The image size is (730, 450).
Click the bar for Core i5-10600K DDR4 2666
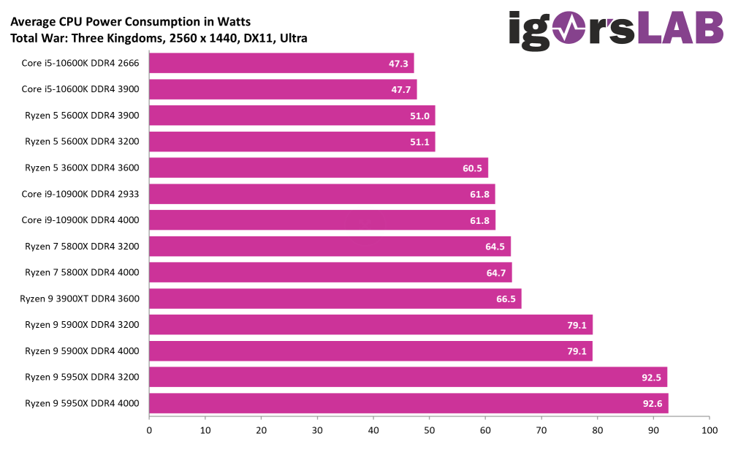click(281, 64)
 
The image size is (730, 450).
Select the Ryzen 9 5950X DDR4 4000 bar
click(408, 403)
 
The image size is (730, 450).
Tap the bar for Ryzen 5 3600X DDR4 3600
click(318, 168)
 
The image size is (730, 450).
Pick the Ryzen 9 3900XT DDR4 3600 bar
click(335, 299)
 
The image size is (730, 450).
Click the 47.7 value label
click(401, 90)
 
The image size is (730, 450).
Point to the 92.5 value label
click(652, 378)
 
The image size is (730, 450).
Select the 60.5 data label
click(472, 168)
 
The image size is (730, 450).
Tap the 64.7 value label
click(496, 273)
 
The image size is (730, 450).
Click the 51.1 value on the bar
click(419, 142)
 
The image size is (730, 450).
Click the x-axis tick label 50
click(429, 430)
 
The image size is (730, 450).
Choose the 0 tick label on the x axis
click(149, 430)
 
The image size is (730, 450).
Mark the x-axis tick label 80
click(597, 430)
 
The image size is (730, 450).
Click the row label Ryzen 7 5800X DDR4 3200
click(82, 247)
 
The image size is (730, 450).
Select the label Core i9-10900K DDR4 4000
click(80, 220)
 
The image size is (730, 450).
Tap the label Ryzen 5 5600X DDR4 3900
click(82, 116)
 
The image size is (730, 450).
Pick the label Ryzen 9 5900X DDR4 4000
click(82, 351)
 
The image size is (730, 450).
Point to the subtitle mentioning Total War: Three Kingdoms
click(159, 38)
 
